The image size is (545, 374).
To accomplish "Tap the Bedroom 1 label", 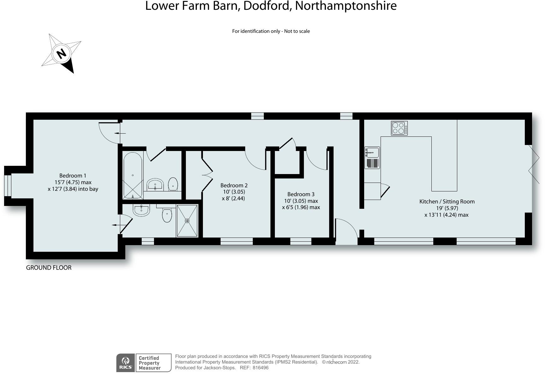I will [x=73, y=176].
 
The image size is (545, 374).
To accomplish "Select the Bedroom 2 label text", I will [x=234, y=185].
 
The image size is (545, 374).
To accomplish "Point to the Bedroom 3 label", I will [x=301, y=194].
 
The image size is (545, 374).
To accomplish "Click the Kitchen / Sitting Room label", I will [x=447, y=202].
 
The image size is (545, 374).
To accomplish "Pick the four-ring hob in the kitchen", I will [x=399, y=128].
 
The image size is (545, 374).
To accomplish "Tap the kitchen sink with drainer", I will [x=372, y=158].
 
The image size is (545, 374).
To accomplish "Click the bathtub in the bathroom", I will [x=133, y=176].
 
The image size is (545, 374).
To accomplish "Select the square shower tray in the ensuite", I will [x=187, y=220].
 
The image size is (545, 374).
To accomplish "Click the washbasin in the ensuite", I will [x=141, y=210].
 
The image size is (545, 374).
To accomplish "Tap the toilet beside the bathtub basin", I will [x=173, y=184].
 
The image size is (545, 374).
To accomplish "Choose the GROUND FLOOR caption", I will [x=49, y=268].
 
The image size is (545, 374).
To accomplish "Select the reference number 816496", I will [x=260, y=368].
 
